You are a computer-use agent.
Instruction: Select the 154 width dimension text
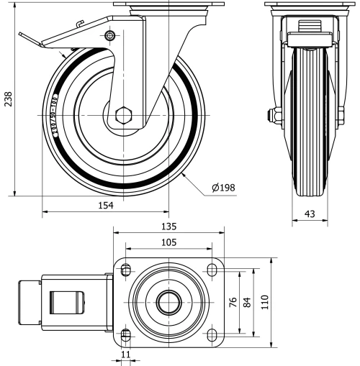point(107,206)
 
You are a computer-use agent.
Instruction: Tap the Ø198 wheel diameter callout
point(224,189)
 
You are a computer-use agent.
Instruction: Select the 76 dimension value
point(233,302)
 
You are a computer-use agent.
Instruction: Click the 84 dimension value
point(248,302)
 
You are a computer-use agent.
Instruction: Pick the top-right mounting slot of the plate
point(212,270)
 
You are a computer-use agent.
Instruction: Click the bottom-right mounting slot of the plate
point(212,334)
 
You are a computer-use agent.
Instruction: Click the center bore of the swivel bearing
point(169,302)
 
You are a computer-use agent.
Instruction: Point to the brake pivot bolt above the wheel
point(109,36)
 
